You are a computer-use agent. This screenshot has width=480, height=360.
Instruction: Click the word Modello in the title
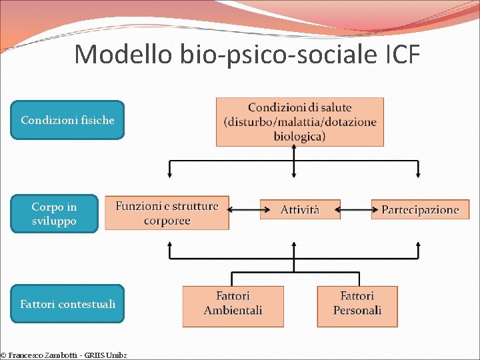pos(123,55)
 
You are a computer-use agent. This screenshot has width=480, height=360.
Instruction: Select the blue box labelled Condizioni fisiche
pos(67,120)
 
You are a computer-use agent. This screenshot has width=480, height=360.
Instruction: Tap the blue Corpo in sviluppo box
pos(54,213)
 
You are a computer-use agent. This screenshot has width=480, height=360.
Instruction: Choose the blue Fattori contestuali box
pos(67,304)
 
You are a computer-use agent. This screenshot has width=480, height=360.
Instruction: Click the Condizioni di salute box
pos(299,122)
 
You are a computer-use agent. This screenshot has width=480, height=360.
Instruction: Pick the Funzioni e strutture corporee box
pos(167,213)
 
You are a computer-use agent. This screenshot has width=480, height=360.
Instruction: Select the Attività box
pos(300,209)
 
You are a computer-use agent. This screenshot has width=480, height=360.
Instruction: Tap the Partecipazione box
pos(420,209)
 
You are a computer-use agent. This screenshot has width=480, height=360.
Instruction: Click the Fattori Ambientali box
pos(233,306)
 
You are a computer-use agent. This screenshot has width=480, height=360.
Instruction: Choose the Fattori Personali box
pos(357,306)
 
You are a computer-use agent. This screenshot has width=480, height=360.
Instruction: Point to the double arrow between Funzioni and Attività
pos(244,209)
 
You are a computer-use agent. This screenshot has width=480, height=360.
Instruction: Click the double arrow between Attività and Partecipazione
pos(355,209)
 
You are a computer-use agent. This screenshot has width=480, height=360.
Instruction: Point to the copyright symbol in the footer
pos(3,355)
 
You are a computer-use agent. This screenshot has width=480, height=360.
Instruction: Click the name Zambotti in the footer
pos(69,355)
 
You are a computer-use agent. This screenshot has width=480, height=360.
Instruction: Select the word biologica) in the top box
pos(299,136)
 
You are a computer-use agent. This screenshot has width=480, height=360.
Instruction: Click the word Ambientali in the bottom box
pos(233,311)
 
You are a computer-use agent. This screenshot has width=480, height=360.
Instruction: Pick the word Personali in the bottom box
pos(357,311)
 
